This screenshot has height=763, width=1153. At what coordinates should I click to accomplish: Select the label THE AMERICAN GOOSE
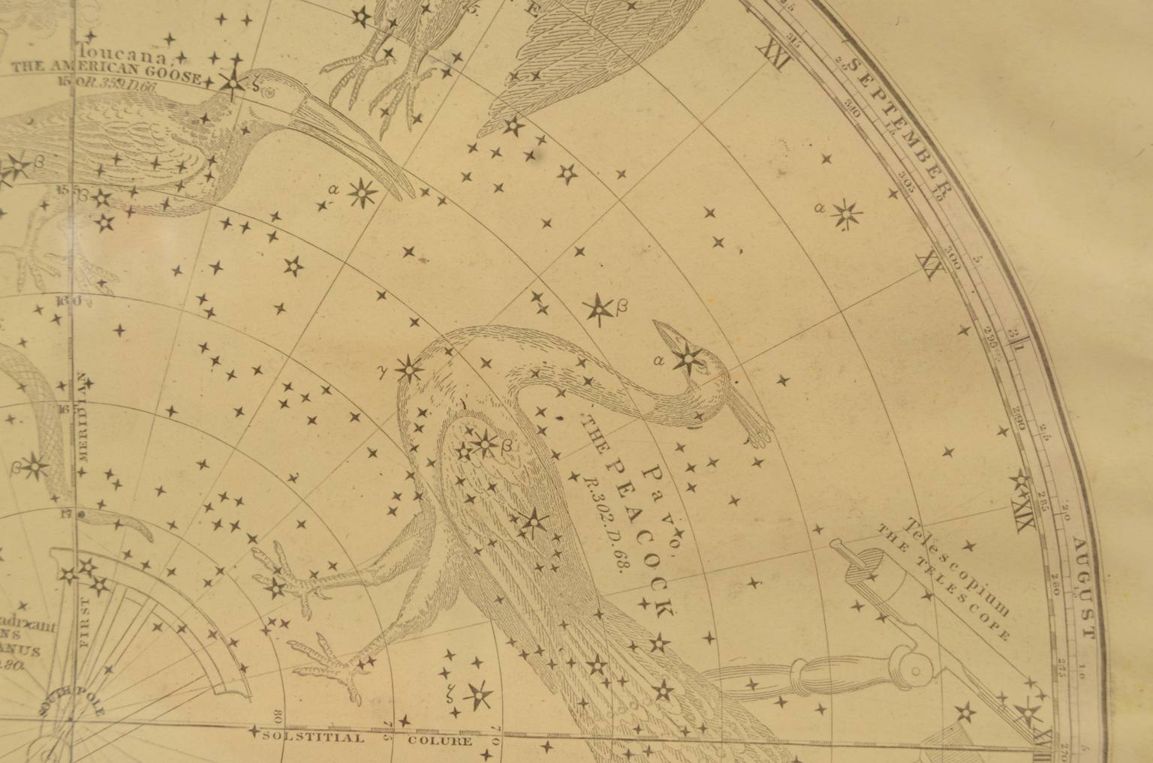pos(105,77)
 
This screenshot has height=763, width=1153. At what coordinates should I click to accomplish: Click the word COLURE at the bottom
pos(440,741)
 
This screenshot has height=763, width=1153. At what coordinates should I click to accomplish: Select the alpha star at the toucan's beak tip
pos(364,194)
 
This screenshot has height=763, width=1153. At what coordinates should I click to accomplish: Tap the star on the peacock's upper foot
pos(274,585)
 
